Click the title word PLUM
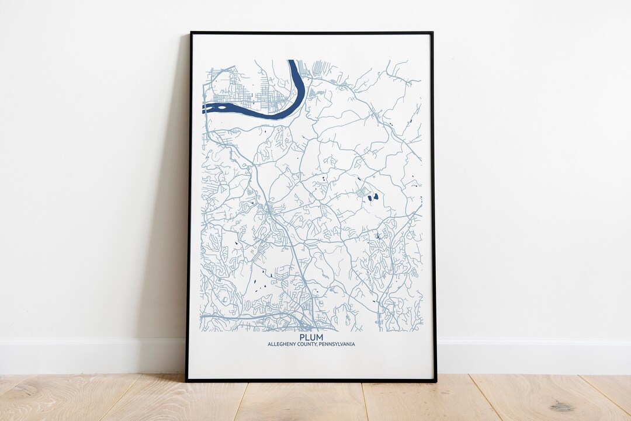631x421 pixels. pyautogui.click(x=311, y=338)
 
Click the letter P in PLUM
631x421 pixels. pyautogui.click(x=302, y=338)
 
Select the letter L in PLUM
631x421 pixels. pyautogui.click(x=307, y=338)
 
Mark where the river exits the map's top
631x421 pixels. pyautogui.click(x=292, y=61)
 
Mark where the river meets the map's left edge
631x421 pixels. pyautogui.click(x=204, y=108)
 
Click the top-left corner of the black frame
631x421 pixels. pyautogui.click(x=190, y=33)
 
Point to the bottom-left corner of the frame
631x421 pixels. pyautogui.click(x=187, y=381)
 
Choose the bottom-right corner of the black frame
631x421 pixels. pyautogui.click(x=435, y=381)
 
